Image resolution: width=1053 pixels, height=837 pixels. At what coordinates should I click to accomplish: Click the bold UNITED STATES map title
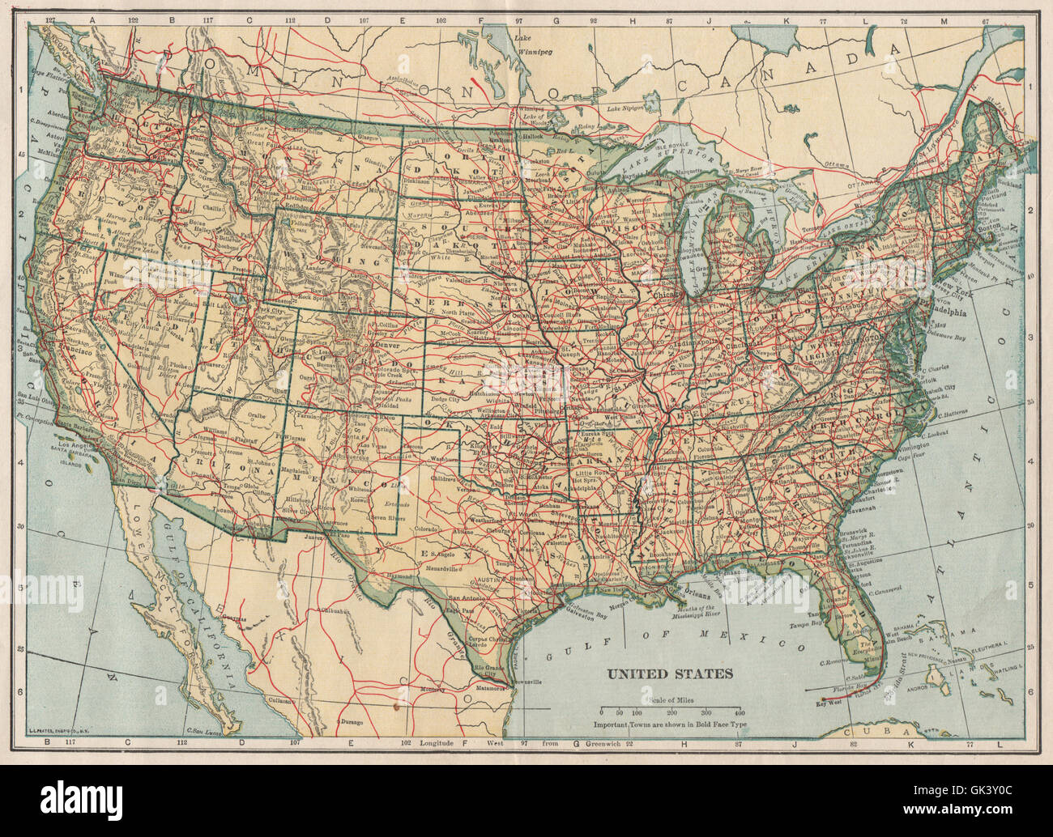(671, 673)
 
